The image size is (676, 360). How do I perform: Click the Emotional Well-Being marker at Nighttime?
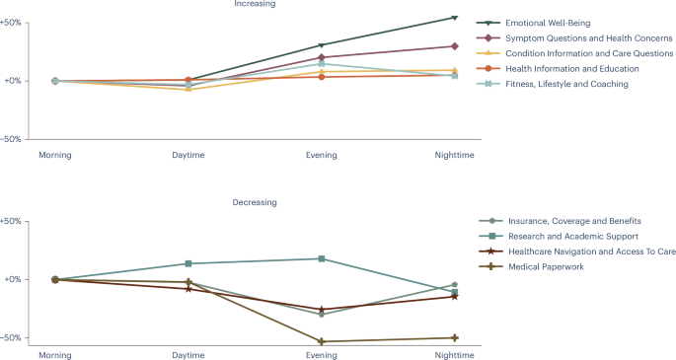point(454,18)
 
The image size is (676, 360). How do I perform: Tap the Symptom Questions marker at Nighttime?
point(454,46)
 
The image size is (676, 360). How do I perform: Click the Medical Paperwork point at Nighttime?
point(454,338)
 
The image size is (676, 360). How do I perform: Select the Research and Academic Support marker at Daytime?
point(188,263)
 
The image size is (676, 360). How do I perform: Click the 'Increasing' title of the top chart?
point(255,4)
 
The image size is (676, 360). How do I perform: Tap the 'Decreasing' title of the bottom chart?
point(255,202)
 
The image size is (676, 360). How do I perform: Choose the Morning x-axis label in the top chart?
point(55,155)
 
